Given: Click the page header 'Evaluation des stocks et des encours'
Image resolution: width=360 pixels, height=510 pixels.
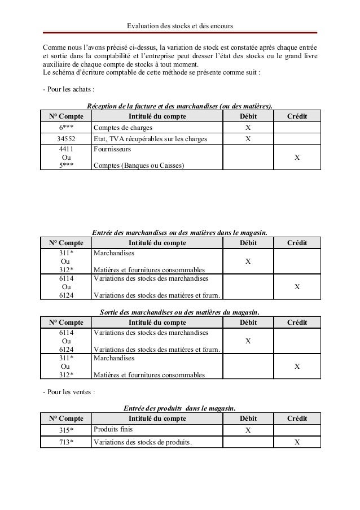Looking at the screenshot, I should tap(180, 26).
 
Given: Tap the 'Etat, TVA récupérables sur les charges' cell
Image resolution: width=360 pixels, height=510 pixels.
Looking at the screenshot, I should tap(150, 139).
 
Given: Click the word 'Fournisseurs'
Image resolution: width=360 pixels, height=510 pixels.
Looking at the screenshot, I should tap(112, 150).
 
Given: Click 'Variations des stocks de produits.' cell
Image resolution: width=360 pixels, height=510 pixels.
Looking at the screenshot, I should tap(143, 442).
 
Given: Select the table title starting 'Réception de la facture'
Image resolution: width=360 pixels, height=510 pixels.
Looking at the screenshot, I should tap(179, 106).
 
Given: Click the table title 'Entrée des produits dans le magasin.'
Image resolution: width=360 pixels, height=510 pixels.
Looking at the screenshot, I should tap(179, 408).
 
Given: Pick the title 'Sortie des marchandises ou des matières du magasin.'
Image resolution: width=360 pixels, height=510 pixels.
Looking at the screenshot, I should tap(179, 311).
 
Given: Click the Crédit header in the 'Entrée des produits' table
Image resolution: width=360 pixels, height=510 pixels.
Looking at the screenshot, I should tap(297, 419).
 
